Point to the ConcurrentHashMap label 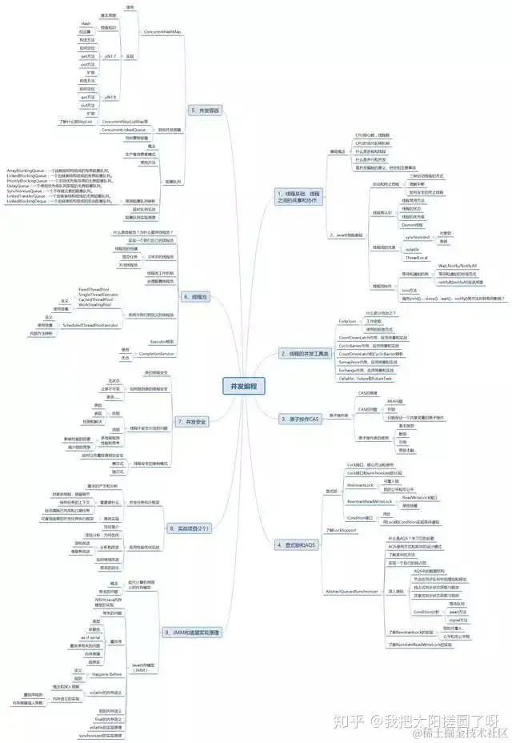pyautogui.click(x=162, y=32)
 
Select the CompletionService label pyautogui.click(x=156, y=353)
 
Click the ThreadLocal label pyautogui.click(x=416, y=258)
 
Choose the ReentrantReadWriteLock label pyautogui.click(x=369, y=501)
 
